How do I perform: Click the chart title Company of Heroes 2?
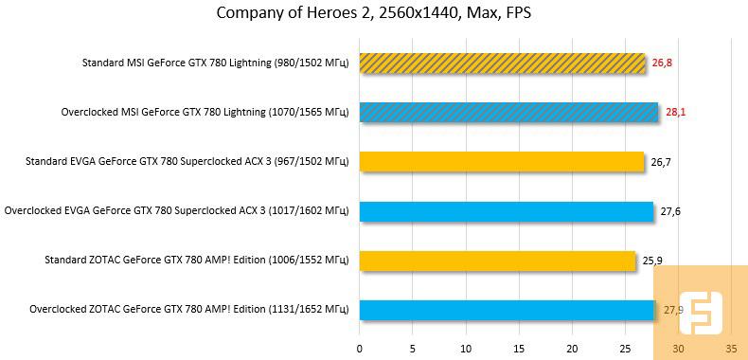373,13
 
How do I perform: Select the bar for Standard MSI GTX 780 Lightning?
502,63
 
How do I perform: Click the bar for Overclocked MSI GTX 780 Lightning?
508,113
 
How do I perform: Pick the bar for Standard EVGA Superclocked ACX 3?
501,162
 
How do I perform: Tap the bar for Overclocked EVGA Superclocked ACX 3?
506,211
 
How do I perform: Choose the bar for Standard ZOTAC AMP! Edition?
497,260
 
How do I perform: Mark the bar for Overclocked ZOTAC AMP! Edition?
507,310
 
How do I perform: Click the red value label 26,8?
662,63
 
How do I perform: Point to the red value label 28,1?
675,113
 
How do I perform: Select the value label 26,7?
661,162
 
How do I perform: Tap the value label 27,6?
670,211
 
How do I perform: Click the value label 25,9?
652,260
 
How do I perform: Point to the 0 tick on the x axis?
359,349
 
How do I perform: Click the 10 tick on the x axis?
465,349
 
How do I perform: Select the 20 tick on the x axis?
571,349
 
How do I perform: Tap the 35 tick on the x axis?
730,349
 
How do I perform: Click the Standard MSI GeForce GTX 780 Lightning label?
216,63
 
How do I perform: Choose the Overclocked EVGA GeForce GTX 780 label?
177,211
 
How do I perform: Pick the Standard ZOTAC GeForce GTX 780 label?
197,260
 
